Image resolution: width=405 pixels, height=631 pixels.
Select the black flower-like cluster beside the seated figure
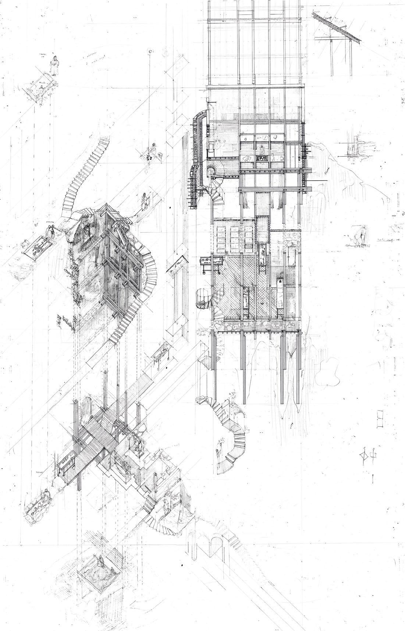pyautogui.click(x=149, y=157)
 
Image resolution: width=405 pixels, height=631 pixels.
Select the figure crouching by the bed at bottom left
pyautogui.click(x=45, y=495)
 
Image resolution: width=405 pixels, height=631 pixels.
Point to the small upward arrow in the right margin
pyautogui.click(x=373, y=478)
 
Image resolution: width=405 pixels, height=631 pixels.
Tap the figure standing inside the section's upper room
pyautogui.click(x=262, y=150)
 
